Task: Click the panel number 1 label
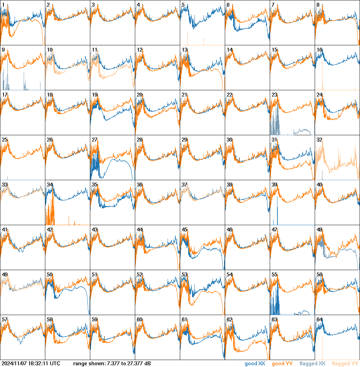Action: coord(3,5)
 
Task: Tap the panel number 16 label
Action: coord(319,50)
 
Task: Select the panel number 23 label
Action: coord(274,95)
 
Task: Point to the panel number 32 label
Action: coord(319,140)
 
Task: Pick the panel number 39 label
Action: coord(274,185)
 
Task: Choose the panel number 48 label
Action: coord(319,230)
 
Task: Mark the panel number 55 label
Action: coord(274,275)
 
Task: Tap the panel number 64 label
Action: coord(319,320)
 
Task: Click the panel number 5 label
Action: coord(183,5)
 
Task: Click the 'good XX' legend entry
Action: coord(255,364)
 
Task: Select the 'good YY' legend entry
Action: coord(282,364)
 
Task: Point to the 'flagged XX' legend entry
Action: coord(312,364)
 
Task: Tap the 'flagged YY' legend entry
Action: coord(345,364)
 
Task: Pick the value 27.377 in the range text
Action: coord(131,364)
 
